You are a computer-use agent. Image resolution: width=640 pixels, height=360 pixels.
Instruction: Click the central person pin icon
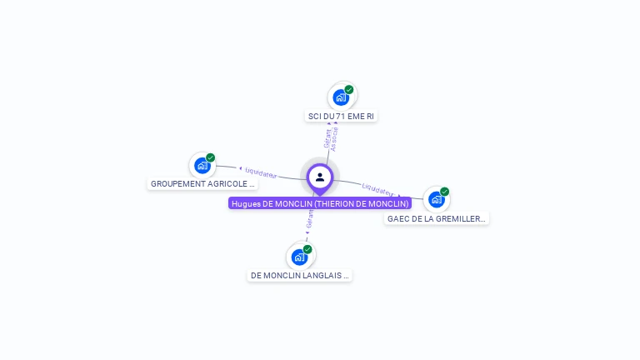[x=320, y=177]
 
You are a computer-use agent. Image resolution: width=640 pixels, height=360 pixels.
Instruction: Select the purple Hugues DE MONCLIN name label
[x=320, y=203]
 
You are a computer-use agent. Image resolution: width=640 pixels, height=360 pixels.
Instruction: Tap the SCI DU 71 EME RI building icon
[x=341, y=97]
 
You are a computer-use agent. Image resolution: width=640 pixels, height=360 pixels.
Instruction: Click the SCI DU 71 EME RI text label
[x=341, y=117]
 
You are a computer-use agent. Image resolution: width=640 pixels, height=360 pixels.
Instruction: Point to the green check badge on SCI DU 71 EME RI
[x=349, y=90]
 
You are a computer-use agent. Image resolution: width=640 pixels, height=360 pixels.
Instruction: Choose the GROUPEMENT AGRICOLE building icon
[x=202, y=165]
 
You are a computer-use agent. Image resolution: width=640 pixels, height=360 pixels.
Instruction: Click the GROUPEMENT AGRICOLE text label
[x=202, y=183]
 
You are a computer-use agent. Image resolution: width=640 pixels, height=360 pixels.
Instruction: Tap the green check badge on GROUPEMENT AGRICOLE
[x=211, y=157]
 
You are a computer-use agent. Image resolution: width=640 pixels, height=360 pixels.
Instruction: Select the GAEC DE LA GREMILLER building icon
[x=436, y=200]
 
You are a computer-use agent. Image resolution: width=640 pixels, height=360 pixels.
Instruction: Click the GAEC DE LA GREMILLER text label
[x=437, y=218]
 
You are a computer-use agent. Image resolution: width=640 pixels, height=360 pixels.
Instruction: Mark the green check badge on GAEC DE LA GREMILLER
[x=445, y=192]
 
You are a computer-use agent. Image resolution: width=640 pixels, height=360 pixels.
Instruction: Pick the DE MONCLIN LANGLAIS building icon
[x=299, y=257]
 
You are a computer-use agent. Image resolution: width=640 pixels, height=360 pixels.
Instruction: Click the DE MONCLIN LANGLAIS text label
[x=300, y=275]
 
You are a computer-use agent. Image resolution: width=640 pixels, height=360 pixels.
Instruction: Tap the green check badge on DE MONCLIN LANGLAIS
[x=307, y=249]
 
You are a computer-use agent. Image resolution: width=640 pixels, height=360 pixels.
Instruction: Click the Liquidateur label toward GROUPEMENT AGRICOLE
[x=261, y=172]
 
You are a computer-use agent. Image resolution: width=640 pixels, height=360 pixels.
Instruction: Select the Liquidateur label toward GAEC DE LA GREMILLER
[x=377, y=189]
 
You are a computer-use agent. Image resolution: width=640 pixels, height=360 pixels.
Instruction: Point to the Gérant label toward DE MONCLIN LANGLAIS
[x=310, y=219]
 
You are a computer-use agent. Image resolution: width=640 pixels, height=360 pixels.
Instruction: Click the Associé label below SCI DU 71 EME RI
[x=334, y=138]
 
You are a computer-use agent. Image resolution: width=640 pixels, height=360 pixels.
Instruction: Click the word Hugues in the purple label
[x=246, y=203]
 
